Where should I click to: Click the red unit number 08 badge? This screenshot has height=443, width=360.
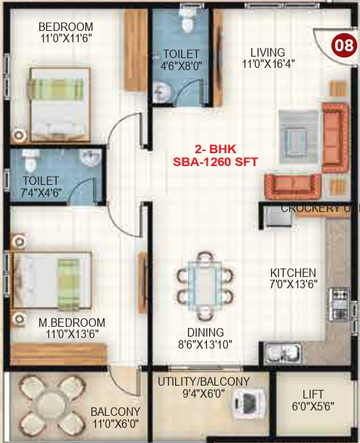[345, 45]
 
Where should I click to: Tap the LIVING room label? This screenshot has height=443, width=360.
[268, 52]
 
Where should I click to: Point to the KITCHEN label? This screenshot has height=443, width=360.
[294, 272]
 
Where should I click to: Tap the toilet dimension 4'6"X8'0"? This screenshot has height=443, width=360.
[181, 66]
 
